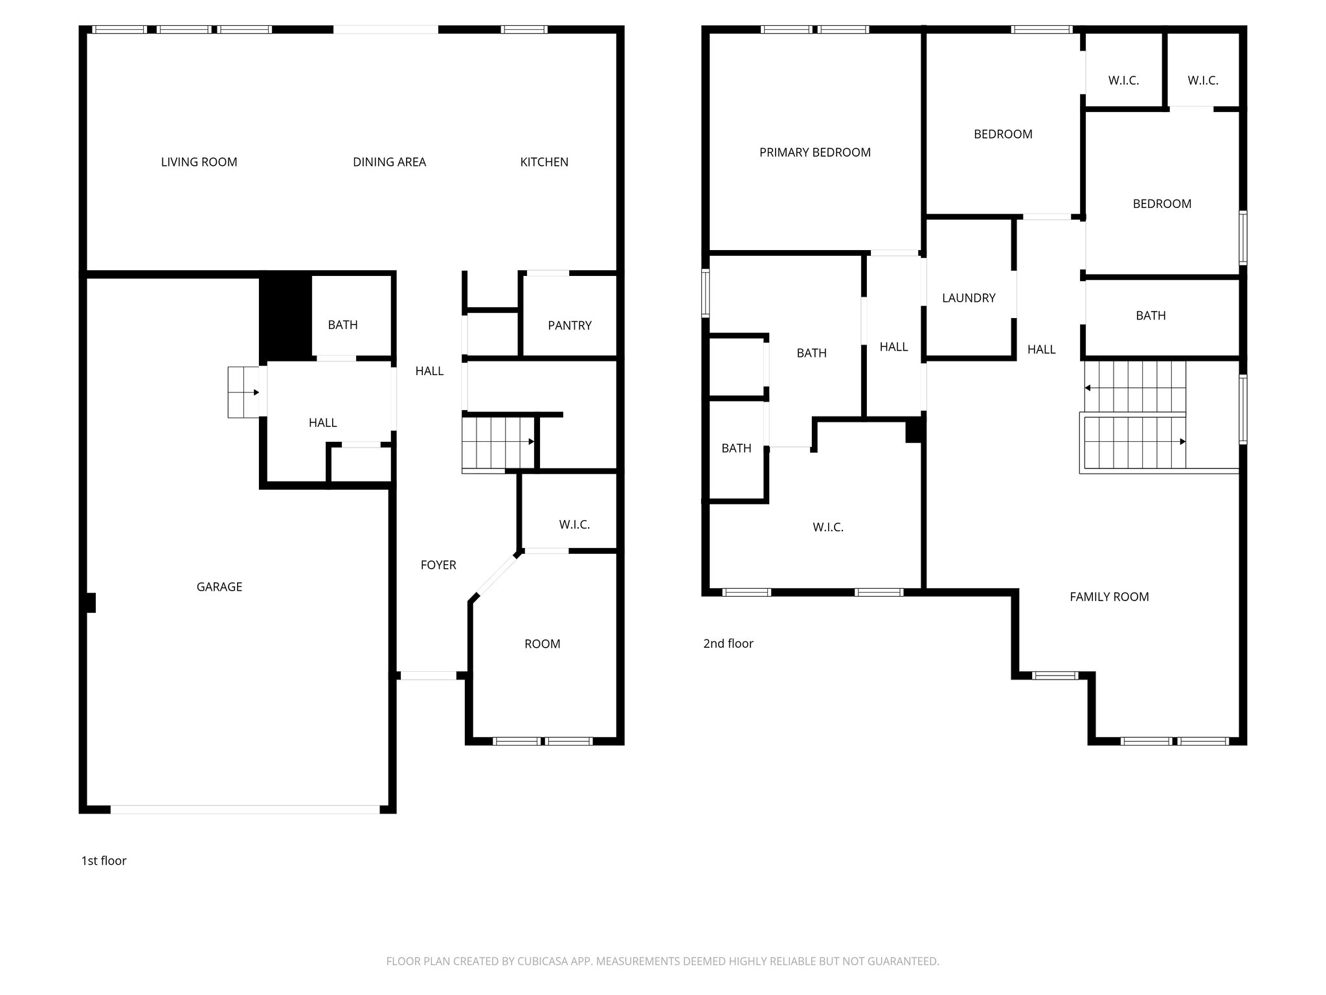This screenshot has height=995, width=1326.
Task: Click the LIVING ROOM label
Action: click(x=199, y=162)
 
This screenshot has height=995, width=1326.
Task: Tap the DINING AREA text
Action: click(x=389, y=162)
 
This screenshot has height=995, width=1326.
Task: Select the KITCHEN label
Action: click(x=544, y=162)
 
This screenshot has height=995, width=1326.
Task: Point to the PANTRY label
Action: click(x=569, y=325)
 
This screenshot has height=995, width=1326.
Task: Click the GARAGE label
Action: click(x=219, y=587)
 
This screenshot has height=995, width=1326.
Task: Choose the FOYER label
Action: click(x=438, y=565)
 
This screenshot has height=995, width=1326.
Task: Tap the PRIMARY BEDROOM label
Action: click(x=815, y=152)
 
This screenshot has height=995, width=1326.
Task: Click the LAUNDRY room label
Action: click(x=968, y=298)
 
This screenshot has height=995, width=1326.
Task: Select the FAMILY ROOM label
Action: click(x=1108, y=597)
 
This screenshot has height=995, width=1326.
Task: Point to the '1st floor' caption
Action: click(x=104, y=860)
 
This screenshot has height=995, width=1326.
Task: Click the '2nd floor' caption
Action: click(x=728, y=643)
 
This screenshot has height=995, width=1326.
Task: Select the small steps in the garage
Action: click(x=243, y=393)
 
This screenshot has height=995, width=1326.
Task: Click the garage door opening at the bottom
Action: click(x=245, y=809)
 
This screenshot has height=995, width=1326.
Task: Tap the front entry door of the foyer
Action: click(x=428, y=676)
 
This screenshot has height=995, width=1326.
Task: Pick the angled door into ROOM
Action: click(x=497, y=573)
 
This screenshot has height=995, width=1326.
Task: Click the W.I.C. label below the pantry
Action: click(x=574, y=524)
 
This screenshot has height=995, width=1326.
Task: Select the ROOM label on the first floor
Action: click(x=542, y=644)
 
